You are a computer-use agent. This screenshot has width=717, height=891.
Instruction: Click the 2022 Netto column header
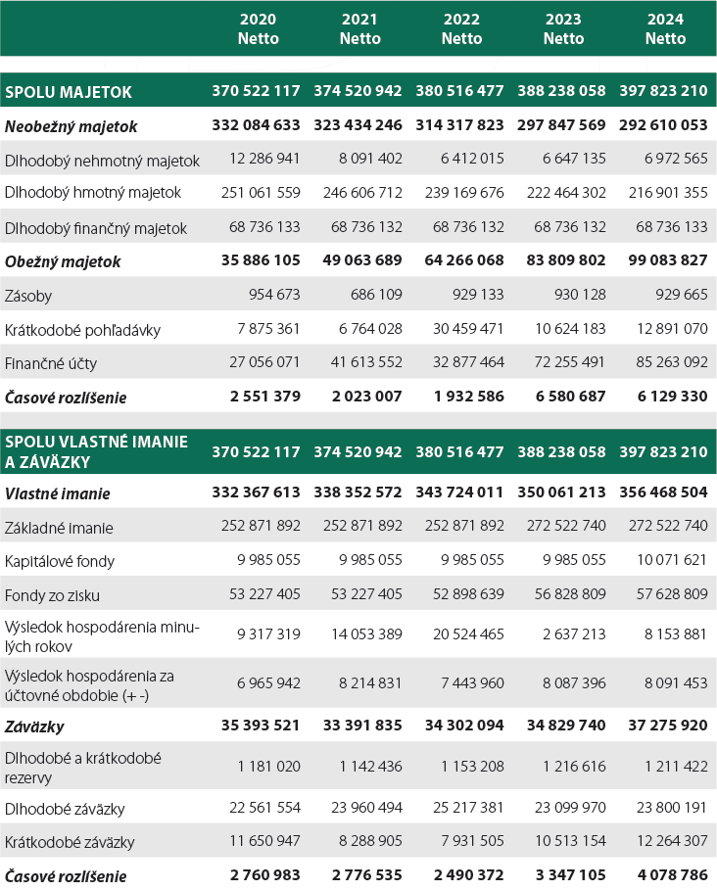(461, 29)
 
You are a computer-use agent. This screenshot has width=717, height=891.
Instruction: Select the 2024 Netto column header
(666, 29)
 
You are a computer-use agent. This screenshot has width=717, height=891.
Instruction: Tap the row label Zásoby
(29, 295)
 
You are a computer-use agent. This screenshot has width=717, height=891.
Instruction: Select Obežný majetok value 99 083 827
(663, 261)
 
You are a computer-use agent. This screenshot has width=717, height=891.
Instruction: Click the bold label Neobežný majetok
(72, 126)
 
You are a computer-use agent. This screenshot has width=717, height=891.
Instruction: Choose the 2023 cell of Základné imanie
(565, 527)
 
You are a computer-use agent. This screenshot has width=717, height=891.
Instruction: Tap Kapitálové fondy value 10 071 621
(667, 560)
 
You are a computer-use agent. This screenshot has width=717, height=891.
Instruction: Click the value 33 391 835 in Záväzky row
(358, 727)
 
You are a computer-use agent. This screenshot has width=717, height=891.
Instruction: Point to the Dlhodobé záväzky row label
(65, 809)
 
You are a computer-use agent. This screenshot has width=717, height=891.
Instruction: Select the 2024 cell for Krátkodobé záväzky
(667, 842)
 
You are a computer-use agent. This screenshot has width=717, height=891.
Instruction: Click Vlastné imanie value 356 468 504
(663, 493)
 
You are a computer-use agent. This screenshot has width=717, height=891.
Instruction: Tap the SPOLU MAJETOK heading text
(69, 92)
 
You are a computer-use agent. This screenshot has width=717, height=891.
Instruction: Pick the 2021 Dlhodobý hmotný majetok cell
(361, 194)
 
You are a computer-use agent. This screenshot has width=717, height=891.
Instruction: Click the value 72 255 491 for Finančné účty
(565, 362)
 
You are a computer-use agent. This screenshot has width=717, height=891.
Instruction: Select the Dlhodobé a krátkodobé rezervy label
(82, 768)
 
